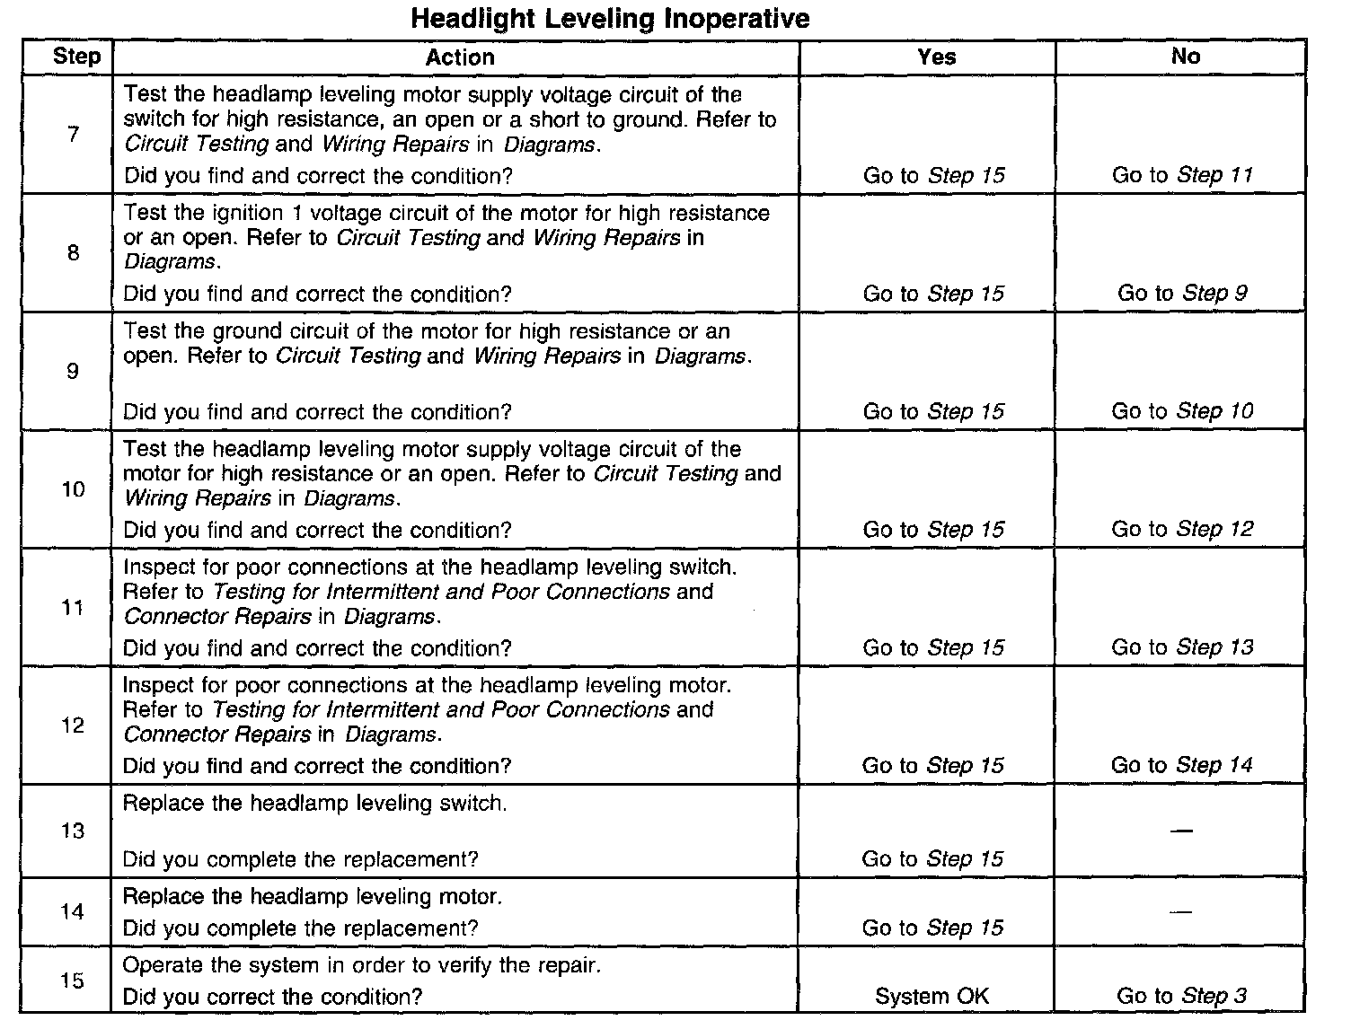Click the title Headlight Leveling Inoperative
click(610, 19)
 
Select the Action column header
click(459, 57)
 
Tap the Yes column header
click(936, 57)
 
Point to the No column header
click(1185, 57)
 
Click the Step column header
click(76, 57)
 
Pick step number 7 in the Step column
click(73, 135)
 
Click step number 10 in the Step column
click(73, 489)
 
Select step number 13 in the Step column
click(73, 831)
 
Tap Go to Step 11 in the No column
click(1182, 175)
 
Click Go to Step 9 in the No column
click(1182, 293)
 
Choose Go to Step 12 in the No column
click(1182, 529)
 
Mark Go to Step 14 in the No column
click(1181, 765)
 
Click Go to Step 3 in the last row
click(1181, 996)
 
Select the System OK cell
click(932, 996)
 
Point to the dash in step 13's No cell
click(1182, 831)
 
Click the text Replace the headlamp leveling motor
click(313, 896)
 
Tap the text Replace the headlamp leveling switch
click(314, 803)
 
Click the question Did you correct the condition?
click(272, 997)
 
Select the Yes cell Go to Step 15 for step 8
click(933, 294)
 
